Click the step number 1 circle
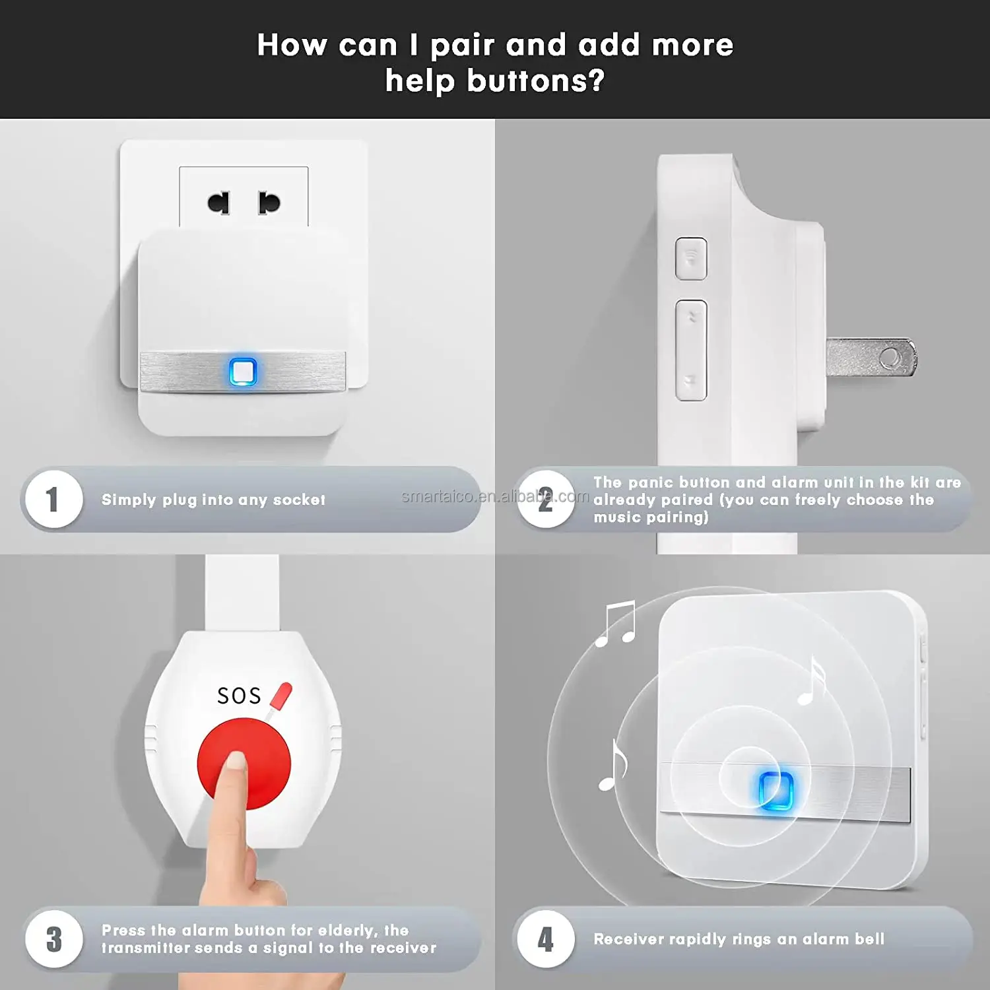[x=53, y=499]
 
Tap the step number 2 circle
[x=545, y=499]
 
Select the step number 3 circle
[x=53, y=939]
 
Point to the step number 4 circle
[x=545, y=939]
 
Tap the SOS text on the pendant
[x=239, y=696]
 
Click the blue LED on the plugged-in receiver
[x=243, y=372]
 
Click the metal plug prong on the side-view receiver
[x=871, y=357]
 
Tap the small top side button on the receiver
[x=691, y=258]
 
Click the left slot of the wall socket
[x=219, y=203]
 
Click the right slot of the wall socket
[x=269, y=203]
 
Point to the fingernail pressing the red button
[x=234, y=762]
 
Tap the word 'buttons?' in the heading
[x=535, y=81]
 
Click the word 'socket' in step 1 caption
[x=299, y=500]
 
